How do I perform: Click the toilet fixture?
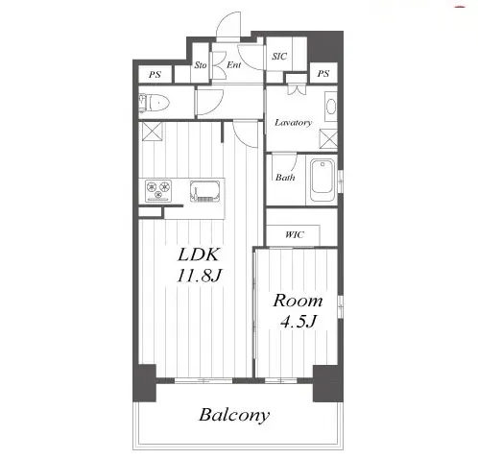click(x=155, y=103)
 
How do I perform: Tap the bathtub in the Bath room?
click(x=323, y=181)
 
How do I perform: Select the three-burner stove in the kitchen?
click(x=158, y=190)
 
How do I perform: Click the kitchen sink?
click(x=205, y=191)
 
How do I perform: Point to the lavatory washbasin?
click(x=331, y=107)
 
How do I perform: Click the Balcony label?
click(x=234, y=415)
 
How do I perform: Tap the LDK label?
click(x=199, y=254)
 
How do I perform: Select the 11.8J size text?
click(x=199, y=275)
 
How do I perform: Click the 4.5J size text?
click(x=298, y=321)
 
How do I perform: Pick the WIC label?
click(x=295, y=234)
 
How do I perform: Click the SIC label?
click(x=279, y=57)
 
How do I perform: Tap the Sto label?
click(x=201, y=65)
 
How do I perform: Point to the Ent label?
click(x=234, y=65)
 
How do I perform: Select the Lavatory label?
click(x=293, y=122)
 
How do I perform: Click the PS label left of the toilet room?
click(x=155, y=75)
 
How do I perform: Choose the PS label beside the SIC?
click(x=323, y=74)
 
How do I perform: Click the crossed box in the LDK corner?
click(x=152, y=131)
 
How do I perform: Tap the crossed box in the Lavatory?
click(x=328, y=138)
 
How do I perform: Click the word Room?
click(x=298, y=301)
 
